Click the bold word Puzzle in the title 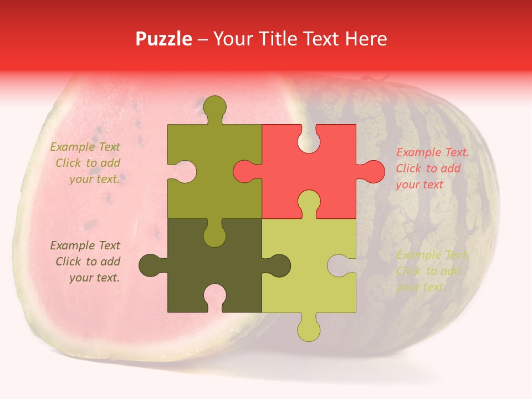pyautogui.click(x=164, y=39)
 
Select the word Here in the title pyautogui.click(x=366, y=39)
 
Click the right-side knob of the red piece pyautogui.click(x=372, y=171)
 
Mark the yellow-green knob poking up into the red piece pyautogui.click(x=309, y=202)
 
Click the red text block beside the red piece pyautogui.click(x=432, y=168)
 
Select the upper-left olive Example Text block pyautogui.click(x=85, y=163)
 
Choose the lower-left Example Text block pyautogui.click(x=85, y=262)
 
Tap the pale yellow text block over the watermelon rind pyautogui.click(x=431, y=271)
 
